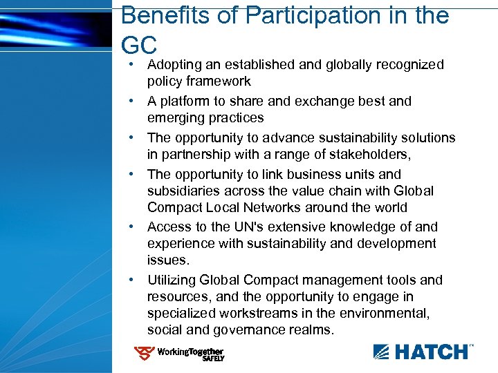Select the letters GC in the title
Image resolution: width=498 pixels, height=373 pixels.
[x=140, y=46]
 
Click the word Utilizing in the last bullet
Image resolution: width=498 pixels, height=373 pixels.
[x=171, y=280]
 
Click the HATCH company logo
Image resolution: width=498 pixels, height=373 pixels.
[x=423, y=352]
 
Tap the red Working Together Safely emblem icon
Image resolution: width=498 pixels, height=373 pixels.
[x=145, y=354]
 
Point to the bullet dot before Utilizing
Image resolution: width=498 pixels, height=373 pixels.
[x=131, y=280]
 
